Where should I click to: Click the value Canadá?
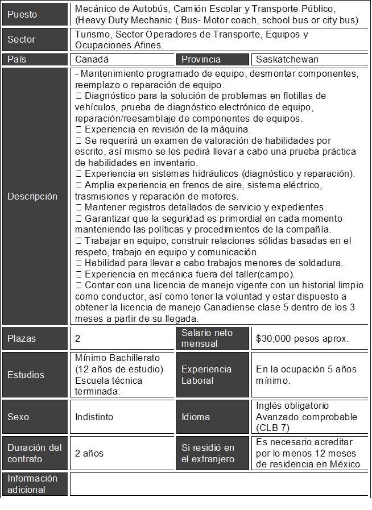click(92, 59)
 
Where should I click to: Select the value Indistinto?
click(94, 417)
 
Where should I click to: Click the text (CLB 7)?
click(274, 428)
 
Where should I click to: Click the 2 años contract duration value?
click(89, 453)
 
